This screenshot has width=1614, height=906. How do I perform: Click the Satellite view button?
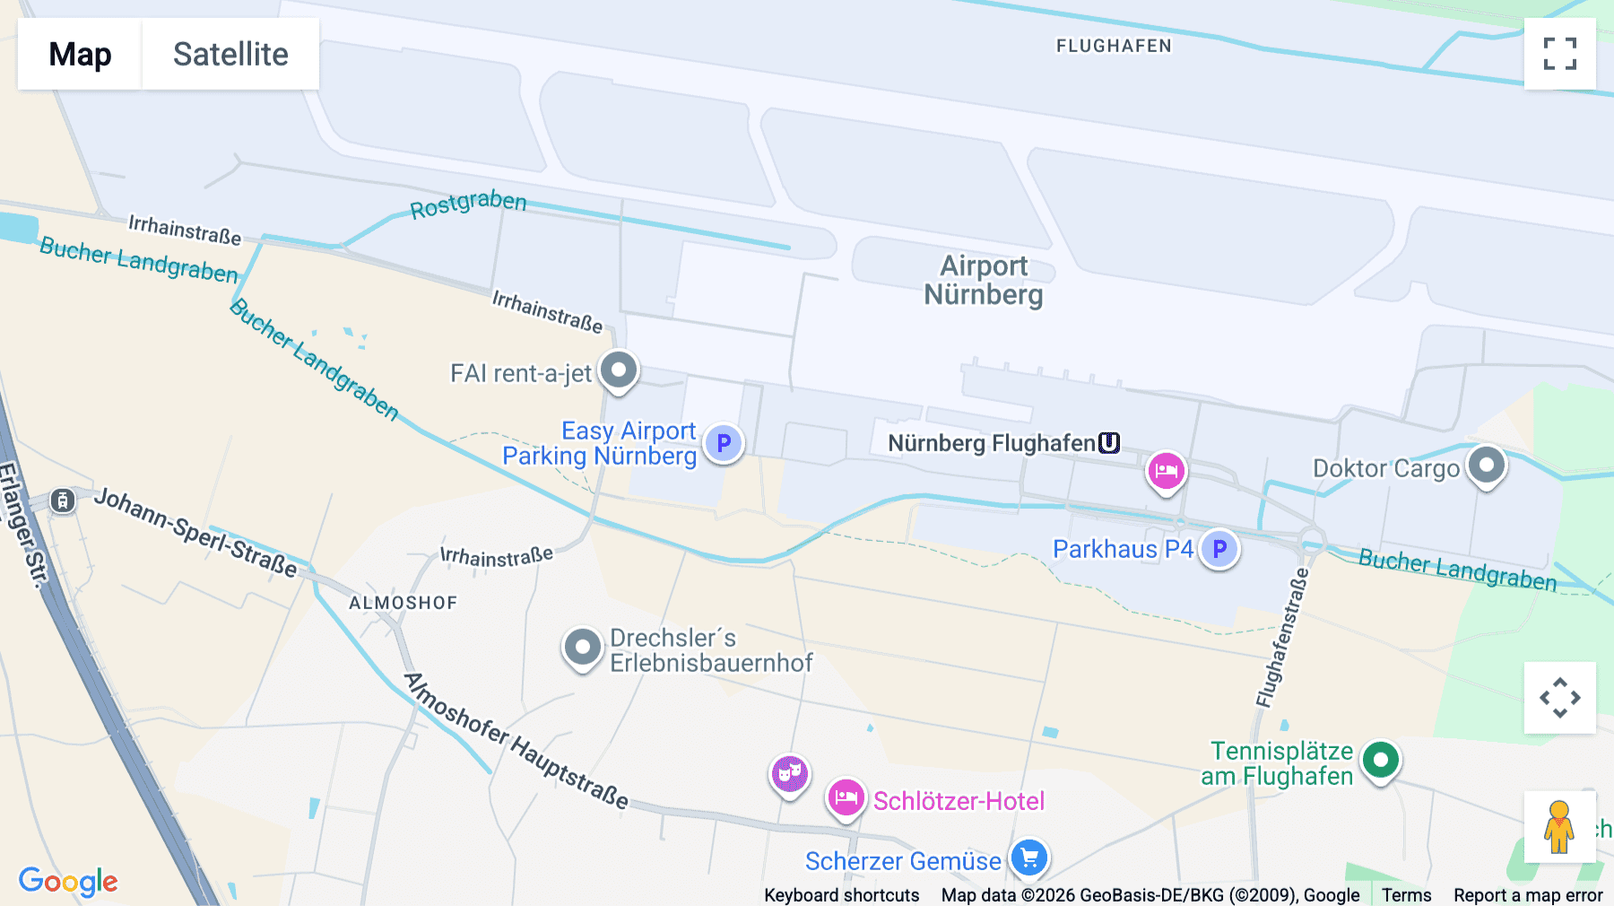pyautogui.click(x=230, y=54)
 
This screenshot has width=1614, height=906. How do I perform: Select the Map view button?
pyautogui.click(x=80, y=54)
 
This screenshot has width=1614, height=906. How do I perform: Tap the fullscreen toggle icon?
pyautogui.click(x=1559, y=54)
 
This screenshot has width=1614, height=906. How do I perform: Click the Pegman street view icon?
pyautogui.click(x=1559, y=826)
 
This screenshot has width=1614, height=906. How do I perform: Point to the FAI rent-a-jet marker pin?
pyautogui.click(x=618, y=370)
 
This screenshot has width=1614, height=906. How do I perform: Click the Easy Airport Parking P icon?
pyautogui.click(x=724, y=443)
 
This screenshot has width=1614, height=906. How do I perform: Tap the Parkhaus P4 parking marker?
pyautogui.click(x=1219, y=549)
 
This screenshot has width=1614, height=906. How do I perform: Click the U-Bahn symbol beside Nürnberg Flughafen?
pyautogui.click(x=1109, y=443)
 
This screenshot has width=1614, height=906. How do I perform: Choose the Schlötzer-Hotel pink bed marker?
pyautogui.click(x=846, y=797)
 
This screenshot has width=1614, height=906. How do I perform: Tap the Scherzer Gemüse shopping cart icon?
pyautogui.click(x=1029, y=858)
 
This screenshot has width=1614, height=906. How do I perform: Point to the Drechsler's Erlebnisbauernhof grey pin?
pyautogui.click(x=582, y=647)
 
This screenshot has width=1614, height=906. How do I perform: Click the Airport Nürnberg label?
pyautogui.click(x=984, y=280)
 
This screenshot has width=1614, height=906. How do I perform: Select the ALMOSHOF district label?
pyautogui.click(x=403, y=603)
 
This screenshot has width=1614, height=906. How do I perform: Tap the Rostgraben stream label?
pyautogui.click(x=468, y=204)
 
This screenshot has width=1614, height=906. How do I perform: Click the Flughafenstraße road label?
pyautogui.click(x=1282, y=639)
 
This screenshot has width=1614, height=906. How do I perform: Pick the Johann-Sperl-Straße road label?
pyautogui.click(x=195, y=532)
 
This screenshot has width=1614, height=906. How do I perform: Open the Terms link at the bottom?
pyautogui.click(x=1406, y=894)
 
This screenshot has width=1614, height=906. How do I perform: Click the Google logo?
pyautogui.click(x=68, y=881)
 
